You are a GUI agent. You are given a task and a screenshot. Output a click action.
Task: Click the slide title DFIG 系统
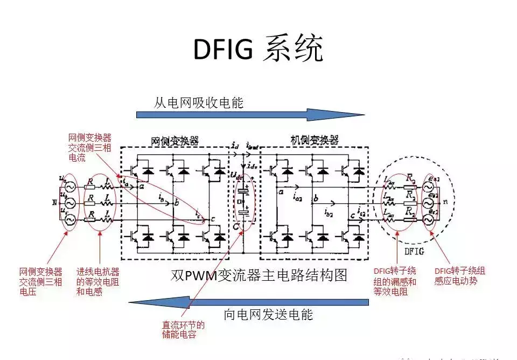point(258,50)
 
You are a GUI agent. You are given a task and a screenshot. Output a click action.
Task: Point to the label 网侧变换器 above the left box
point(174,141)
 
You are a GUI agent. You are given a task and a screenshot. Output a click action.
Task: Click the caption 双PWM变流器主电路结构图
point(258,275)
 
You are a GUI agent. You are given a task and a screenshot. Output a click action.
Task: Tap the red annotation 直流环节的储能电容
point(183,329)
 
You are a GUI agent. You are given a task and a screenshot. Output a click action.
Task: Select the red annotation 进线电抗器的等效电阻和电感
point(97,282)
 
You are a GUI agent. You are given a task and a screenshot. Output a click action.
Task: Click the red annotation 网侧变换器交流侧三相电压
point(41,282)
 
